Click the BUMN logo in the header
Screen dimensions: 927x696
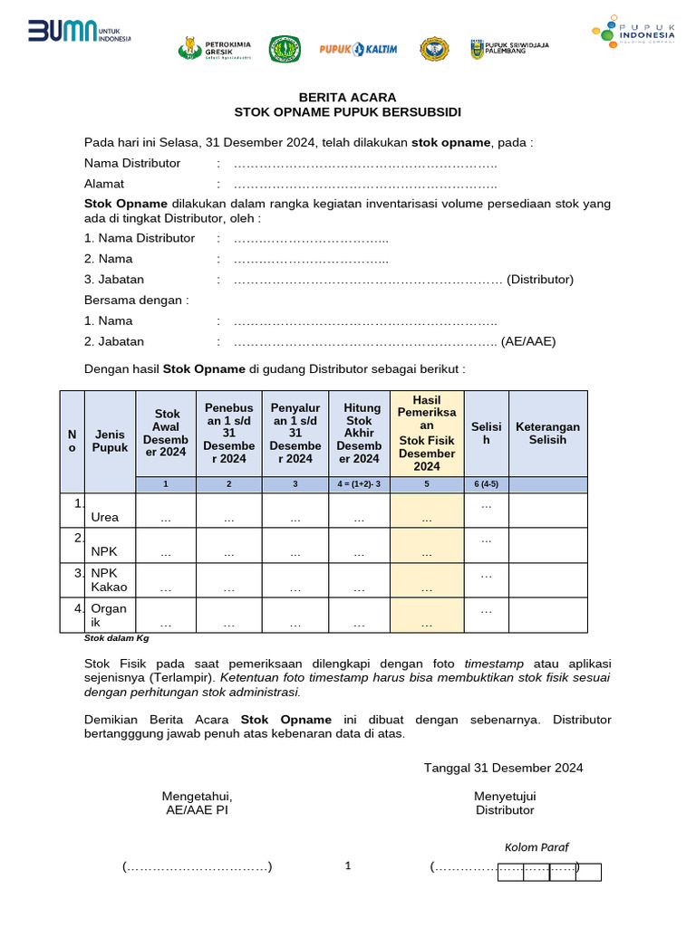pyautogui.click(x=79, y=33)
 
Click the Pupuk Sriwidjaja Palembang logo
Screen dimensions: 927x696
pyautogui.click(x=508, y=49)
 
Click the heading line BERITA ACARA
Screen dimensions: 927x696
pyautogui.click(x=348, y=97)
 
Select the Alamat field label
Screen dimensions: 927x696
pyautogui.click(x=104, y=184)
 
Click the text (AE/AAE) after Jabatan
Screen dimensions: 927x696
pyautogui.click(x=528, y=341)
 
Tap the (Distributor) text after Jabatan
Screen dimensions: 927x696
pyautogui.click(x=540, y=280)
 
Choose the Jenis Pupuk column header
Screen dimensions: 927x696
pyautogui.click(x=110, y=441)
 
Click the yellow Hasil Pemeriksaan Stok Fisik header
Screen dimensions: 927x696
pyautogui.click(x=427, y=433)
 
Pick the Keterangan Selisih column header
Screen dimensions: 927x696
pyautogui.click(x=547, y=433)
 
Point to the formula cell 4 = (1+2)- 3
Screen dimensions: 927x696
pyautogui.click(x=359, y=484)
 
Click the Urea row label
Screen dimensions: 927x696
pyautogui.click(x=105, y=518)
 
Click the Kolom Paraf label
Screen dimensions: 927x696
pyautogui.click(x=536, y=847)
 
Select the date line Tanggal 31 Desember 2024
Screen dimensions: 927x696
pyautogui.click(x=503, y=768)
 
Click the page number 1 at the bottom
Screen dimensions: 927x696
pyautogui.click(x=348, y=866)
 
